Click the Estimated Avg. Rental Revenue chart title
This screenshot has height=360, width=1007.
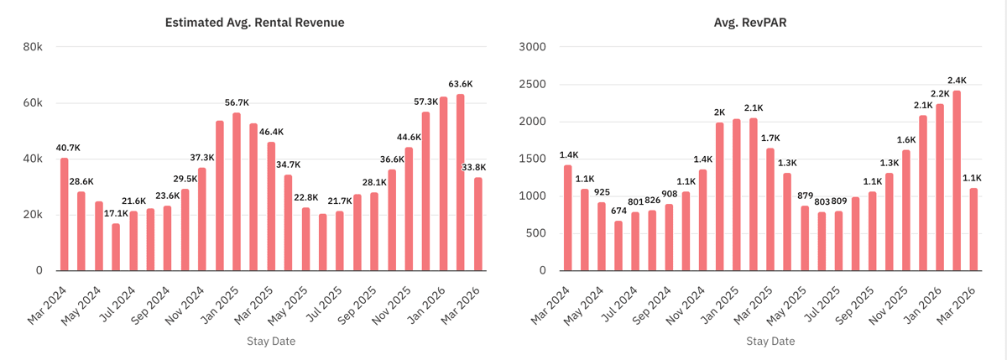coord(254,23)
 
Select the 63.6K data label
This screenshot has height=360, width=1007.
coord(460,84)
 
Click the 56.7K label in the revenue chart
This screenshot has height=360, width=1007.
coord(237,102)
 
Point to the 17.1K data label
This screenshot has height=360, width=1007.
coord(116,213)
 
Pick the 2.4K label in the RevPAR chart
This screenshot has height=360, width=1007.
coord(956,81)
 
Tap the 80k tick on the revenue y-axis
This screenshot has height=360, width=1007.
coord(34,47)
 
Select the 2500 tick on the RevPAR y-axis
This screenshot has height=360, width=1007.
coord(533,85)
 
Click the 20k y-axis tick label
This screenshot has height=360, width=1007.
coord(34,215)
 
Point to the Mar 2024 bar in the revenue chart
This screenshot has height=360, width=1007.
coord(65,214)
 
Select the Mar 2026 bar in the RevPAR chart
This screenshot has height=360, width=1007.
coord(973,229)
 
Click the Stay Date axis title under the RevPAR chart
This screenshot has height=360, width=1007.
coord(771,342)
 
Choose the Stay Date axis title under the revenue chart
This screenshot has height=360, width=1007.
coord(270,342)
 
